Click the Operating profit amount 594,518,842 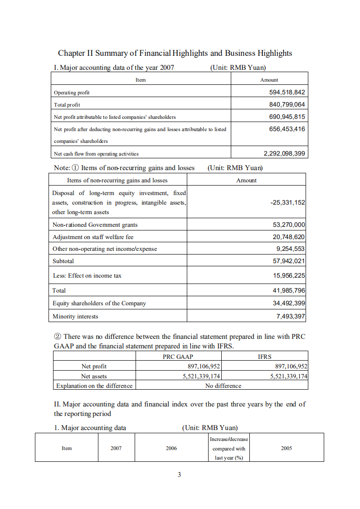[287, 92]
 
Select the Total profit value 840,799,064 [287, 104]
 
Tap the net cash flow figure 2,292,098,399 [284, 153]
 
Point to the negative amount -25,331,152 [287, 202]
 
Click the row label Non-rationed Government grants [95, 225]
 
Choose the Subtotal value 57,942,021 [287, 261]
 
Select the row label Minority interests [75, 316]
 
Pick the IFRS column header [264, 357]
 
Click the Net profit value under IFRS [291, 366]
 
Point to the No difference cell [223, 386]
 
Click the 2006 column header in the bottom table [171, 448]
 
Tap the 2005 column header [286, 448]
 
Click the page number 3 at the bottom [179, 475]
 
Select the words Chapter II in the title [74, 53]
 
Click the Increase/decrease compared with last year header [229, 448]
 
